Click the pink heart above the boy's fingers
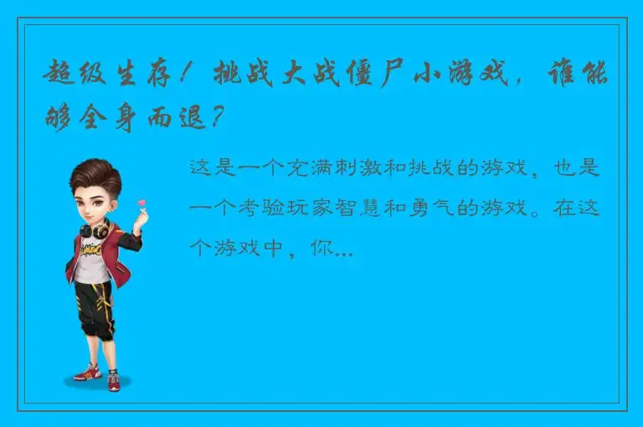tap(142, 203)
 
